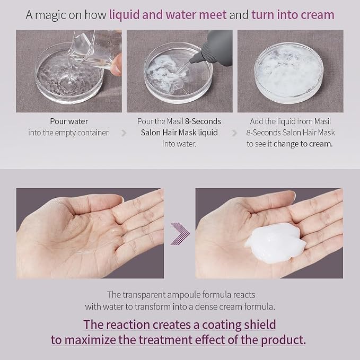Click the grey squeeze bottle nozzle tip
(x=191, y=62)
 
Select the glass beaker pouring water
(x=96, y=49)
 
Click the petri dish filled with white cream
(x=289, y=73)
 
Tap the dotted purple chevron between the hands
(x=180, y=233)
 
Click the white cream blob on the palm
(x=276, y=243)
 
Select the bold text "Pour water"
(x=69, y=121)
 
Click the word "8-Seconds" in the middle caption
(x=203, y=121)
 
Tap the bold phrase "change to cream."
(x=303, y=144)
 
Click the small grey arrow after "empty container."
(x=124, y=133)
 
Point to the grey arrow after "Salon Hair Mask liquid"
(x=234, y=133)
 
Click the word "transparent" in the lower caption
(x=144, y=295)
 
